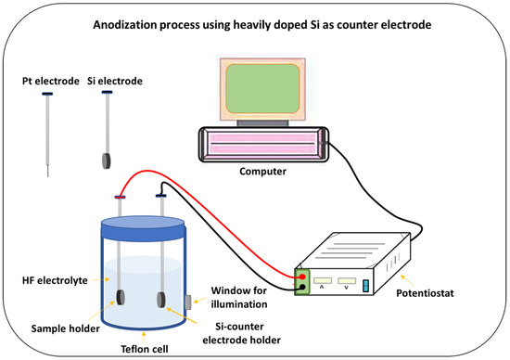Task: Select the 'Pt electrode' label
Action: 45,82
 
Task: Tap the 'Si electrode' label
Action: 114,82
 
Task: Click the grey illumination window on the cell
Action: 187,302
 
